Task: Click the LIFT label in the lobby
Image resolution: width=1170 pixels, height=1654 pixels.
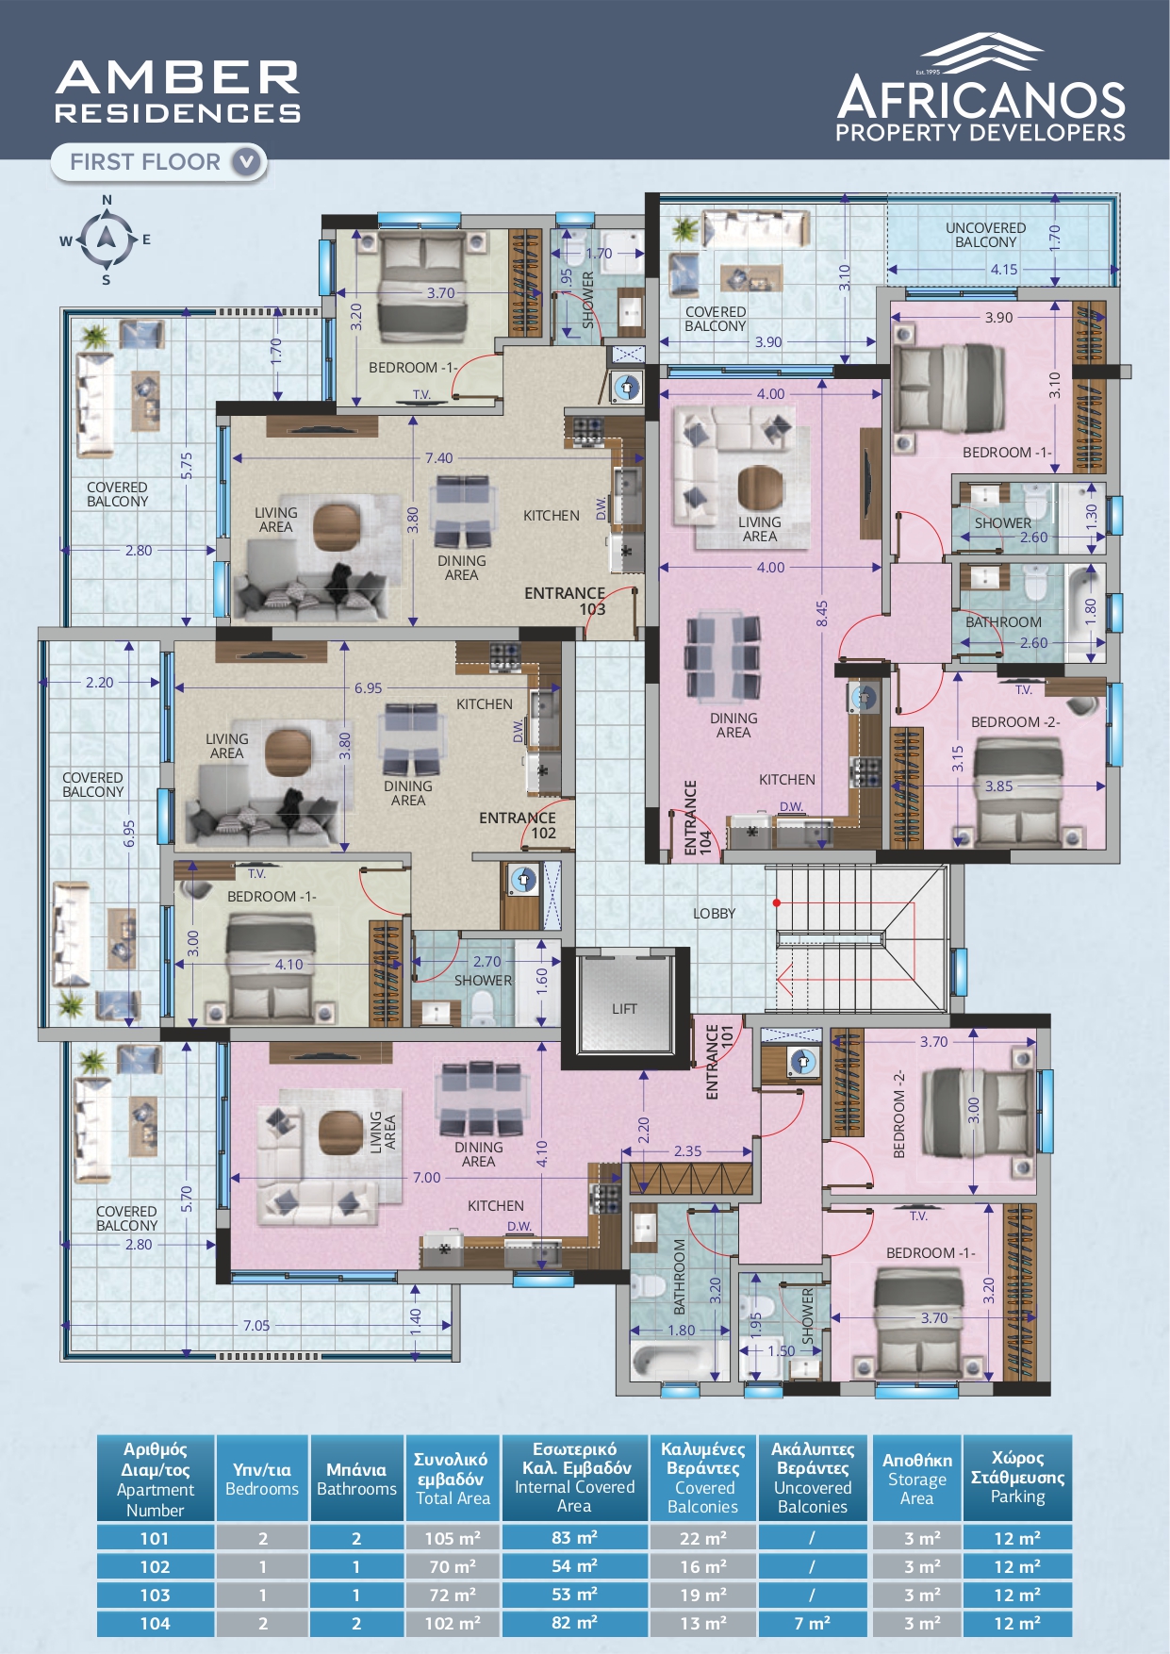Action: point(624,1008)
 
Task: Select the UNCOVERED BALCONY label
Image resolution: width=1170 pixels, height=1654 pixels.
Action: point(985,235)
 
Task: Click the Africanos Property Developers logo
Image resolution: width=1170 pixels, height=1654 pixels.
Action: point(980,88)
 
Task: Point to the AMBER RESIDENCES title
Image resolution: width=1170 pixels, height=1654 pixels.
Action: point(177,91)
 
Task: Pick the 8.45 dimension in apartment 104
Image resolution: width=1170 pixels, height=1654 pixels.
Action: point(822,614)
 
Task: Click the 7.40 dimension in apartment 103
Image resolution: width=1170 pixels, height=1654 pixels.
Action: point(438,458)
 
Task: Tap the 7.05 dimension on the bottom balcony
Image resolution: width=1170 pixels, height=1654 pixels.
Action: point(256,1325)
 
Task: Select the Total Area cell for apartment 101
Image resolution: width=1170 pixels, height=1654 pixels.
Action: point(453,1538)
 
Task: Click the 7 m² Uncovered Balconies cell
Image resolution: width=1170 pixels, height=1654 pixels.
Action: point(813,1623)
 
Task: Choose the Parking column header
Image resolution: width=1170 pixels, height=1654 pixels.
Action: point(1017,1478)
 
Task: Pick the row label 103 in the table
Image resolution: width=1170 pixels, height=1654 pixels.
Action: point(156,1595)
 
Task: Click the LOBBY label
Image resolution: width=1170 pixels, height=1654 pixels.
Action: point(714,913)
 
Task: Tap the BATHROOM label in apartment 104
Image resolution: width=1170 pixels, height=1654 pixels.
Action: point(1003,622)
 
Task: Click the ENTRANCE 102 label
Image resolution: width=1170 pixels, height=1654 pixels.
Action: point(518,825)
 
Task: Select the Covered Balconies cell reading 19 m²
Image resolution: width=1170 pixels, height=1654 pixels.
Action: point(703,1595)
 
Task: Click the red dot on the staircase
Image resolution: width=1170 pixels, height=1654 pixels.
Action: point(777,902)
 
